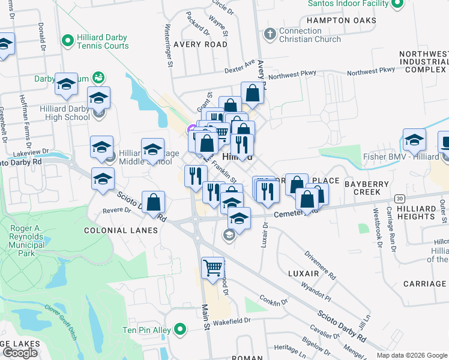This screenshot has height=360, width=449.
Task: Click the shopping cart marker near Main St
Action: (212, 268)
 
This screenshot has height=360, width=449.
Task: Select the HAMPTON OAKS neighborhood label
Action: (341, 20)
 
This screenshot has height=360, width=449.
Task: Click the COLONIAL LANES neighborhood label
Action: (121, 230)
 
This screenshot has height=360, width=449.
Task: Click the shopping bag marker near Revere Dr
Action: (154, 202)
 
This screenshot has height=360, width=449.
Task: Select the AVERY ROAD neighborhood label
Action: (200, 44)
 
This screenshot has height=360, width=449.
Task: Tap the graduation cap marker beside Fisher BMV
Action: (414, 140)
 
